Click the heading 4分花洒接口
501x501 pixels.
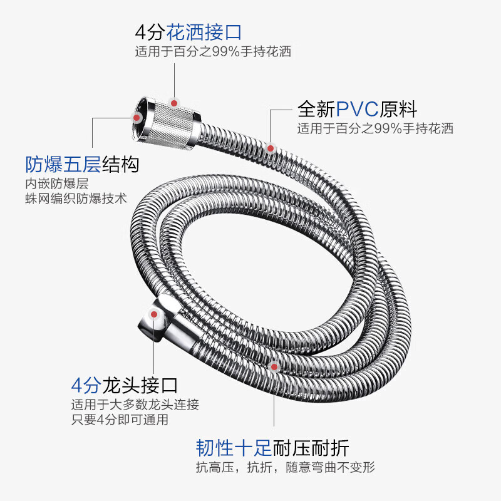point(188,31)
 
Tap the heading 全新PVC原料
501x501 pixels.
point(357,110)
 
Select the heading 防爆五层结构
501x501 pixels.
point(82,165)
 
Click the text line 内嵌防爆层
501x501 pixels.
point(56,184)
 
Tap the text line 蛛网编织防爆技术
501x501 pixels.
point(76,199)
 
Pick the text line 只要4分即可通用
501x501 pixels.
point(120,420)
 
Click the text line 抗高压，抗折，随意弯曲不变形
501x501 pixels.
point(285,468)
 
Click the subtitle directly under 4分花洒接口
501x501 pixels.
point(213,51)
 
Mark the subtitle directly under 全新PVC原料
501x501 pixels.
point(375,129)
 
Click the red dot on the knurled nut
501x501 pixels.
point(176,100)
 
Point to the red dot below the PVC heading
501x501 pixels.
point(271,148)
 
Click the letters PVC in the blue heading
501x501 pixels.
point(358,110)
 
